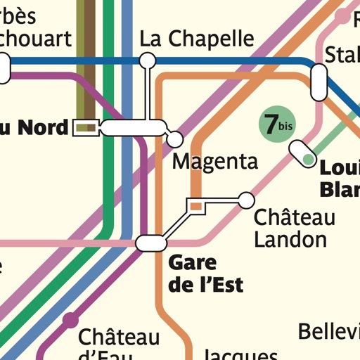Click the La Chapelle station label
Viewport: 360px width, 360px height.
(x=197, y=38)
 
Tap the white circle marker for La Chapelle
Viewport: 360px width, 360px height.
(x=147, y=61)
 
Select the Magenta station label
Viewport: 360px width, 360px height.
(x=215, y=162)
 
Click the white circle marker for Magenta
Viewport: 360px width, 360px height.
(x=174, y=139)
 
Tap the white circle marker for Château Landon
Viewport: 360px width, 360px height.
(x=246, y=200)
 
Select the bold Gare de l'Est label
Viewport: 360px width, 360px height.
(x=205, y=274)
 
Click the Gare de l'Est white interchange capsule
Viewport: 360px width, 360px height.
(x=152, y=243)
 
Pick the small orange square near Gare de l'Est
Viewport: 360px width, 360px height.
(x=196, y=205)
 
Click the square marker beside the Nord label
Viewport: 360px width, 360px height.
(x=85, y=127)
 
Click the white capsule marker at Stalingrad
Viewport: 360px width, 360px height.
(x=319, y=82)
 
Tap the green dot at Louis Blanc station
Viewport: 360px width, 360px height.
(x=308, y=160)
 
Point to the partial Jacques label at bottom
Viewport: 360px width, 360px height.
(x=240, y=354)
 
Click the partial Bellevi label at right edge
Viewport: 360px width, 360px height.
(x=329, y=331)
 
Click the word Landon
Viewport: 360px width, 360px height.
(x=290, y=239)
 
